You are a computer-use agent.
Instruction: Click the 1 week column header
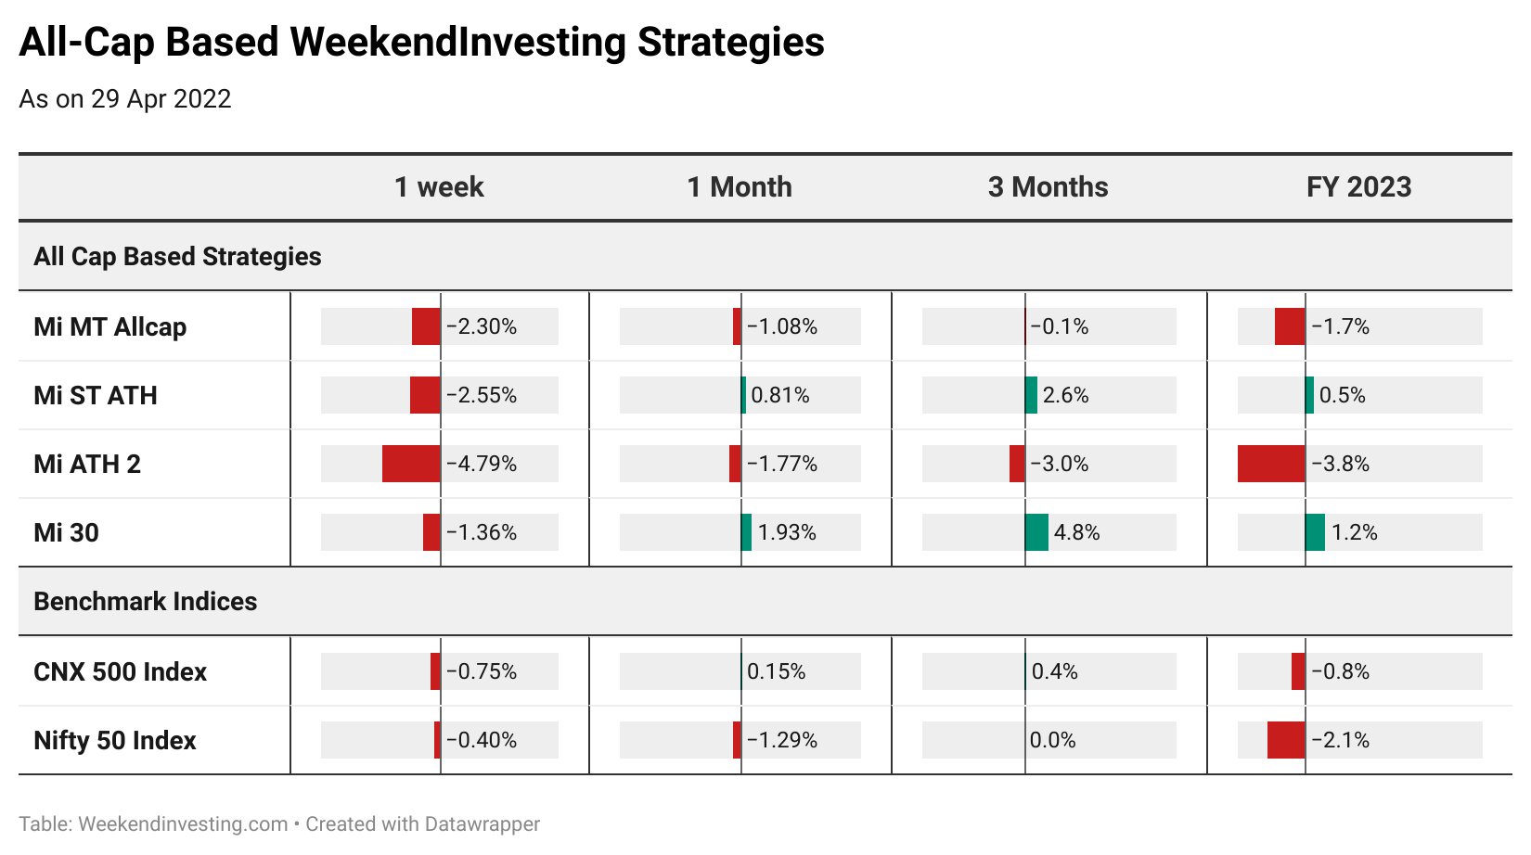[439, 187]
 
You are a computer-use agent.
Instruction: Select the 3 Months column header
[1048, 187]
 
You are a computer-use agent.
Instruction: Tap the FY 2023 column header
[1358, 187]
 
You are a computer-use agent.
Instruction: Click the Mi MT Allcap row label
[110, 327]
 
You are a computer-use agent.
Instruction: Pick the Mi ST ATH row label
[96, 395]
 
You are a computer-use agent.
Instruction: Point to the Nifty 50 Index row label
[115, 740]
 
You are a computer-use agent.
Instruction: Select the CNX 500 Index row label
[121, 672]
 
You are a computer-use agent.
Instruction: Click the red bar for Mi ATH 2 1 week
[411, 464]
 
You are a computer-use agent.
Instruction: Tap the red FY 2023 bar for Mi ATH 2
[1271, 464]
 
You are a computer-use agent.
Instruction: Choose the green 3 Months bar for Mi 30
[1036, 532]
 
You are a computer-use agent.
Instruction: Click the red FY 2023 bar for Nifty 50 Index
[1286, 740]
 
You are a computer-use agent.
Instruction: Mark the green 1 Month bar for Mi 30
[746, 532]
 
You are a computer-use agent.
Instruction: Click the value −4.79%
[482, 464]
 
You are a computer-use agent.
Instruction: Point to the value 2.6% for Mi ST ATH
[1066, 395]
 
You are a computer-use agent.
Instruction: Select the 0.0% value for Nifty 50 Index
[1052, 740]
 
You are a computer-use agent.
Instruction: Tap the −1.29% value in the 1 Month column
[782, 740]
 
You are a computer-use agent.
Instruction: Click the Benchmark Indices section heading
[146, 602]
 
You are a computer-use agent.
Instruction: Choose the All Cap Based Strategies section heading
[178, 257]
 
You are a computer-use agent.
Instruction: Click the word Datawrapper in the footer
[482, 824]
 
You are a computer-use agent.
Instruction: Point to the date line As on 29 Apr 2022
[125, 99]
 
